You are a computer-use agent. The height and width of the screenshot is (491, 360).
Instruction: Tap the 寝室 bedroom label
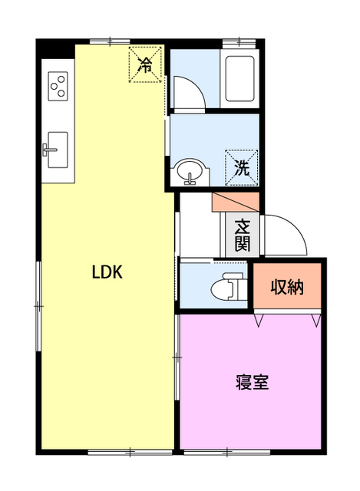(252, 382)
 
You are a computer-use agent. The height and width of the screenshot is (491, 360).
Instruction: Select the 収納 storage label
(287, 288)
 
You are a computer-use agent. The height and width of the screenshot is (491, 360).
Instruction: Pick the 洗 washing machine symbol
(242, 168)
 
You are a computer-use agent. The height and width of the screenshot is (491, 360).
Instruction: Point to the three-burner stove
(58, 85)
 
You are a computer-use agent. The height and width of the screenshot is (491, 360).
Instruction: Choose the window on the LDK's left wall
(38, 305)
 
